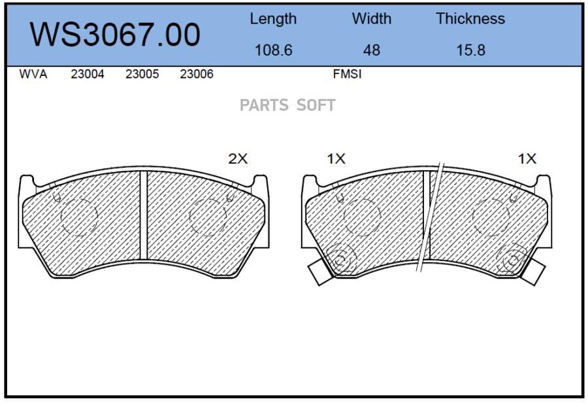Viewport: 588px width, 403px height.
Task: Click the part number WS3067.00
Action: (x=115, y=35)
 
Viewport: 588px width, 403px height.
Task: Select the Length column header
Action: (x=273, y=19)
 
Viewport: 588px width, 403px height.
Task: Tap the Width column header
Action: (x=371, y=18)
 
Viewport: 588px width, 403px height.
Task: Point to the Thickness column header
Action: (x=470, y=18)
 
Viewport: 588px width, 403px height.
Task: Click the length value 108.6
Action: (x=273, y=50)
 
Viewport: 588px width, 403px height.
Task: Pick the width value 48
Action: (x=371, y=50)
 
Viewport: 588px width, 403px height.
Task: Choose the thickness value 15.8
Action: (x=470, y=50)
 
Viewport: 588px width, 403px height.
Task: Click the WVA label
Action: (x=33, y=74)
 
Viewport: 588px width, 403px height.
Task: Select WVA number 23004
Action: (x=88, y=74)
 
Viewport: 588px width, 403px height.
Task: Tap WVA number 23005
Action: (x=142, y=74)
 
